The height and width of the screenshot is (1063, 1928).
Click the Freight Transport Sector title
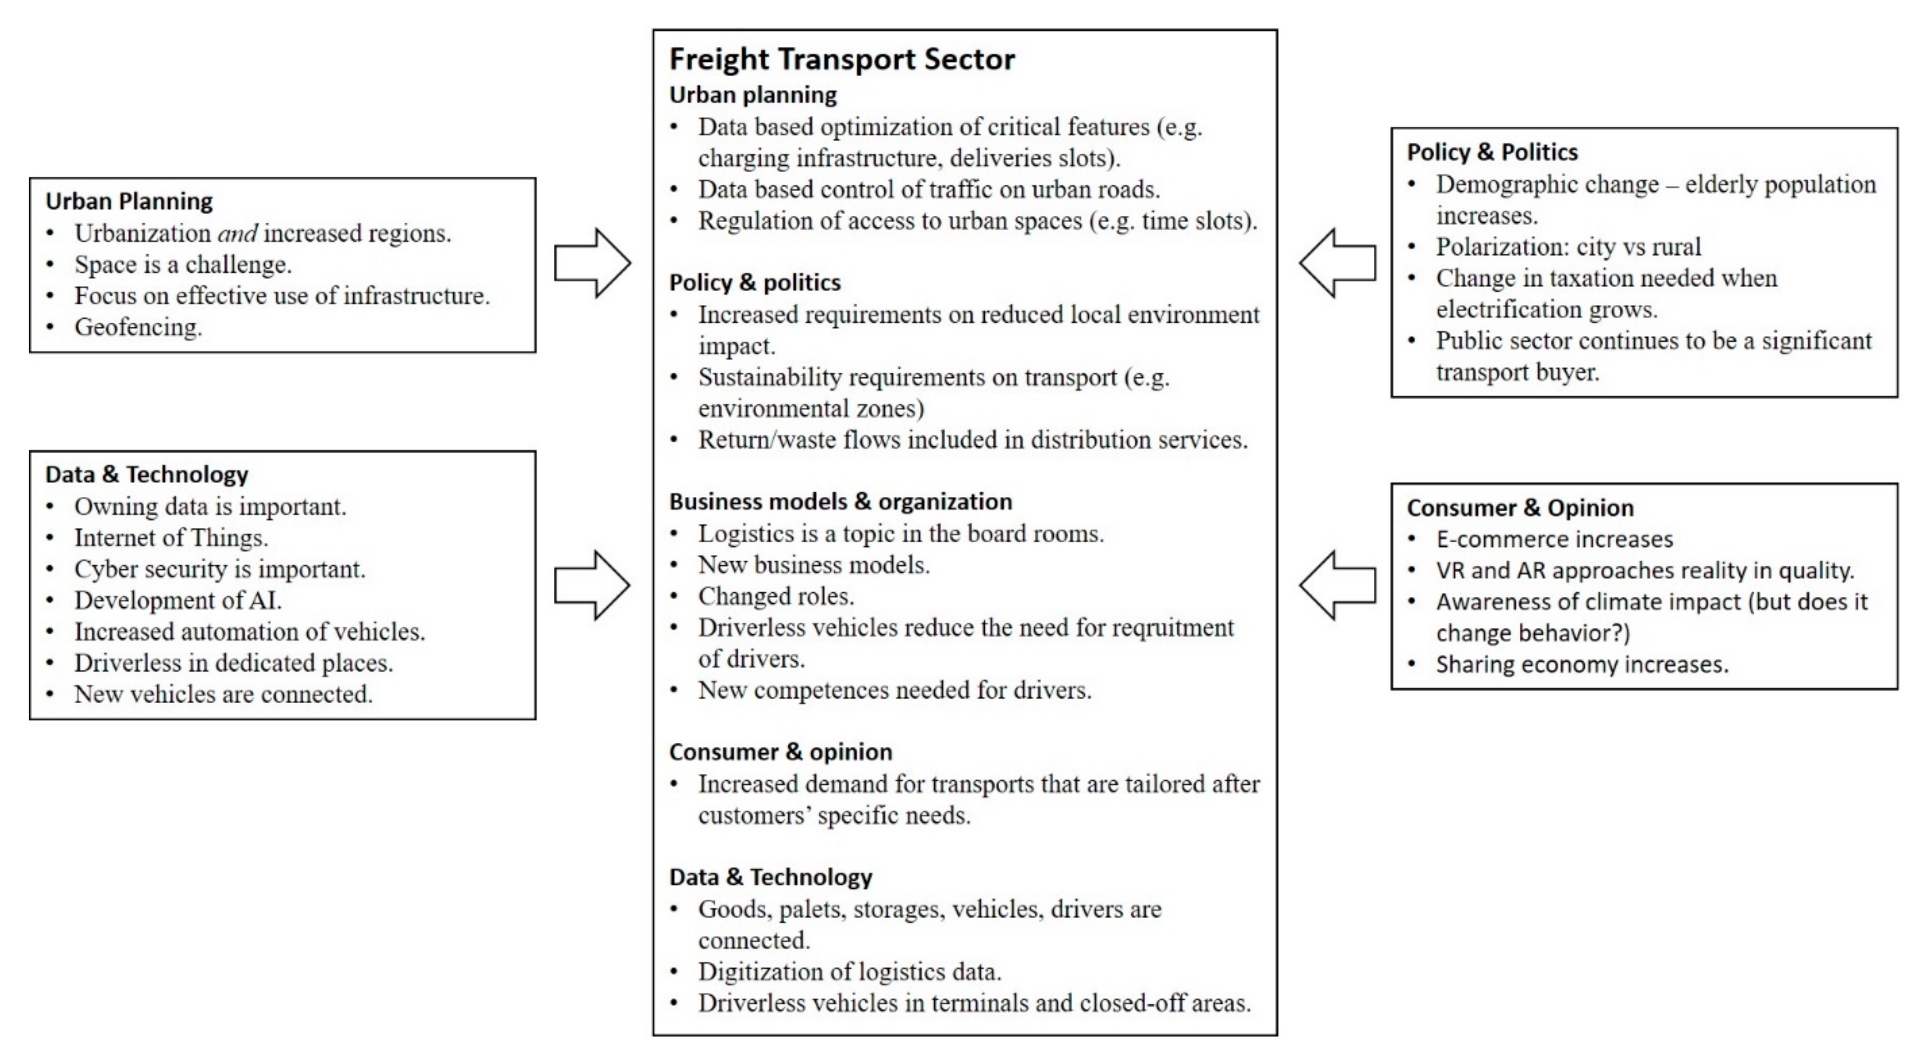[841, 59]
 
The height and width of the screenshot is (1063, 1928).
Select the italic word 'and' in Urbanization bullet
[237, 234]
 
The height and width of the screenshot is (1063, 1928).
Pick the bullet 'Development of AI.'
[177, 600]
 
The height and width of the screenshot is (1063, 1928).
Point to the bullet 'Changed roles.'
[775, 596]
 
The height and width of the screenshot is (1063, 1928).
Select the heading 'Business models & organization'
[840, 501]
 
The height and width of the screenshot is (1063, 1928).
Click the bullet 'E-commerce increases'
[1554, 539]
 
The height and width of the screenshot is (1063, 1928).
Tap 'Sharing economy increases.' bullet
[1582, 664]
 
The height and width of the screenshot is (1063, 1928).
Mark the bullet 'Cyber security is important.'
[219, 569]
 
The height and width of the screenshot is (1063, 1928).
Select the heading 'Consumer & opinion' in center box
[780, 752]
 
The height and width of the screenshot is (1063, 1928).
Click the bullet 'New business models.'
[814, 565]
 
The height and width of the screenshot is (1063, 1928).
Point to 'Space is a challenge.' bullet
[183, 264]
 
